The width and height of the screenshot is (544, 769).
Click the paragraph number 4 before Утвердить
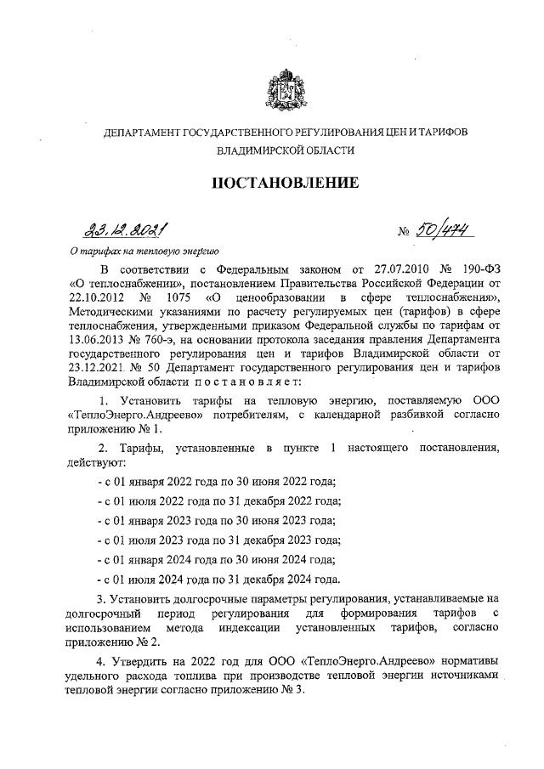coord(99,664)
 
